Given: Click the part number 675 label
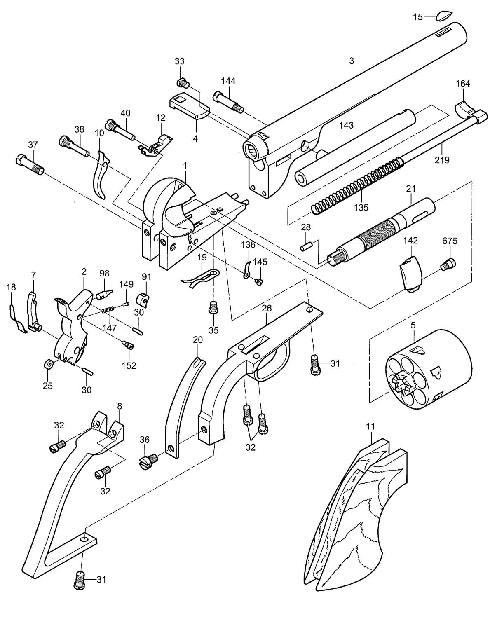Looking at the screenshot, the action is [450, 241].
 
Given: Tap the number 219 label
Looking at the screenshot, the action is [441, 160].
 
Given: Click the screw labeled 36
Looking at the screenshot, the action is [148, 461].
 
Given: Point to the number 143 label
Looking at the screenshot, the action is [347, 126].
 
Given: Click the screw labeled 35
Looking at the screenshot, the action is [213, 309].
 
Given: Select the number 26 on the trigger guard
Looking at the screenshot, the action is [266, 309].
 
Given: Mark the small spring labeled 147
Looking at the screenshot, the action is [109, 310].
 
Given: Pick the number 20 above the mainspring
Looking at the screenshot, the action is [198, 339].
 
